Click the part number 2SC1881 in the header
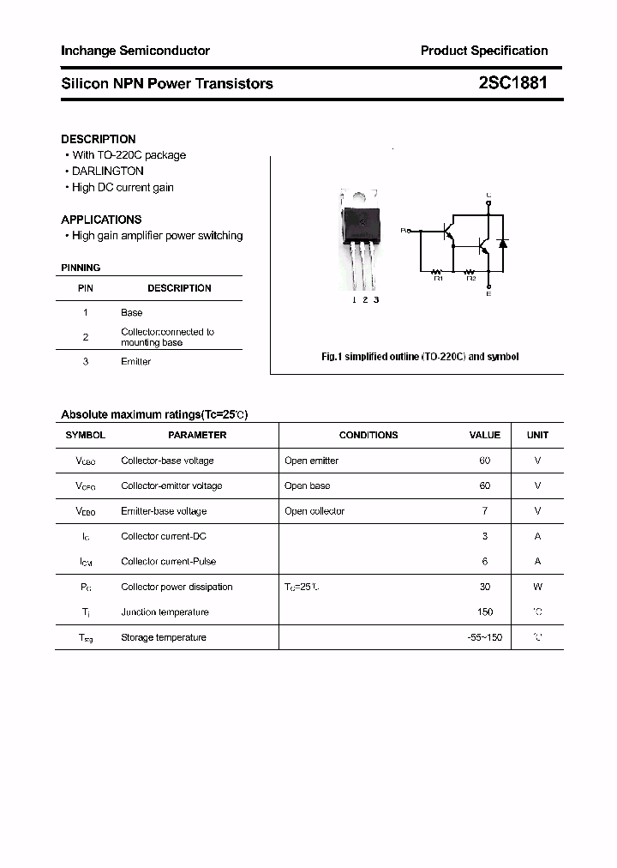coord(512,83)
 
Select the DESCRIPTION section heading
coord(98,139)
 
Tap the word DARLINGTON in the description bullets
coord(108,171)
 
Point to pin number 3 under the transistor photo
coord(376,299)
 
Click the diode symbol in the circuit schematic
coord(503,243)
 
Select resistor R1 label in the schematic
coord(438,278)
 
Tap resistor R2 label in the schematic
coord(470,278)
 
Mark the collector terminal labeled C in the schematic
coord(488,196)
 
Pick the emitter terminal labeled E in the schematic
coord(488,294)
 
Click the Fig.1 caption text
coord(419,357)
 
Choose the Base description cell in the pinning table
coord(131,313)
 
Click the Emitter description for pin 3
coord(135,362)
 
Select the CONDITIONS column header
coord(368,435)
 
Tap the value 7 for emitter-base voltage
coord(485,511)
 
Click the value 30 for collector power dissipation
coord(485,587)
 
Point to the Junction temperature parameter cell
coord(165,612)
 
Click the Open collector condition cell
coord(314,511)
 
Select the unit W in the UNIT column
coord(537,587)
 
